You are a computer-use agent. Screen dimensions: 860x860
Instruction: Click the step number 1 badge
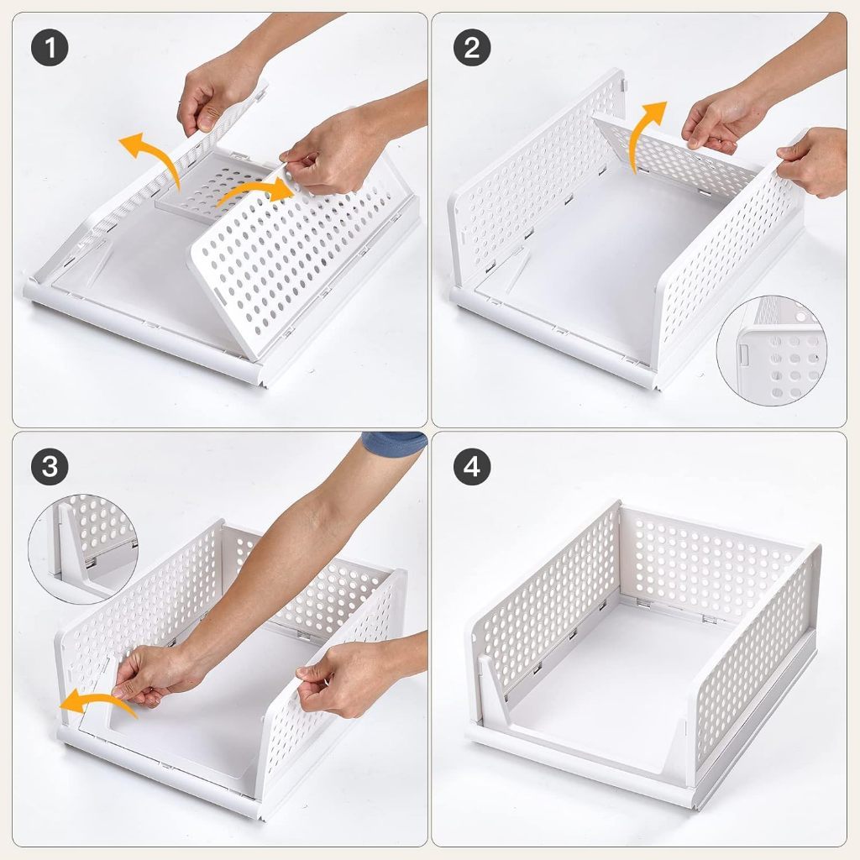pos(50,48)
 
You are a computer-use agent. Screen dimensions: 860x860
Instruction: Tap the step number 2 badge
pos(472,48)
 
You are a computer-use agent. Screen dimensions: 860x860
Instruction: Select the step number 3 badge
pos(50,466)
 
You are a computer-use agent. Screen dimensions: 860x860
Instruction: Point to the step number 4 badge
pos(472,466)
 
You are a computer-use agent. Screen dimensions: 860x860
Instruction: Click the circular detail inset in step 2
pos(771,350)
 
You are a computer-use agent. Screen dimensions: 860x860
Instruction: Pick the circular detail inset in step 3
pos(83,549)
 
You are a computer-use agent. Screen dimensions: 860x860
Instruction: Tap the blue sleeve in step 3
pos(394,440)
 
